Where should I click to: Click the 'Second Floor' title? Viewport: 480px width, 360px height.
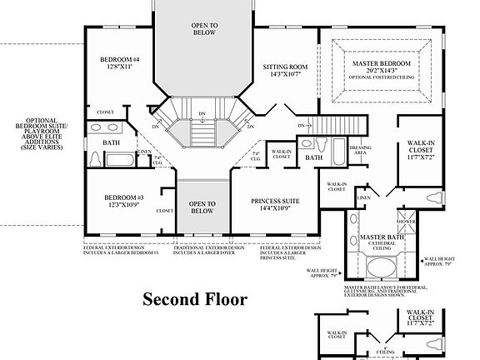(194, 298)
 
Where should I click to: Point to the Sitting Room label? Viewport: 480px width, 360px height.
(285, 67)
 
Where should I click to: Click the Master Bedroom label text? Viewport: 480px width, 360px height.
(382, 63)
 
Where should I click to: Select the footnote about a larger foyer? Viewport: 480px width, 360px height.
(209, 250)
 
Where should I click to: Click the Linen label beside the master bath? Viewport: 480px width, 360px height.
(362, 197)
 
